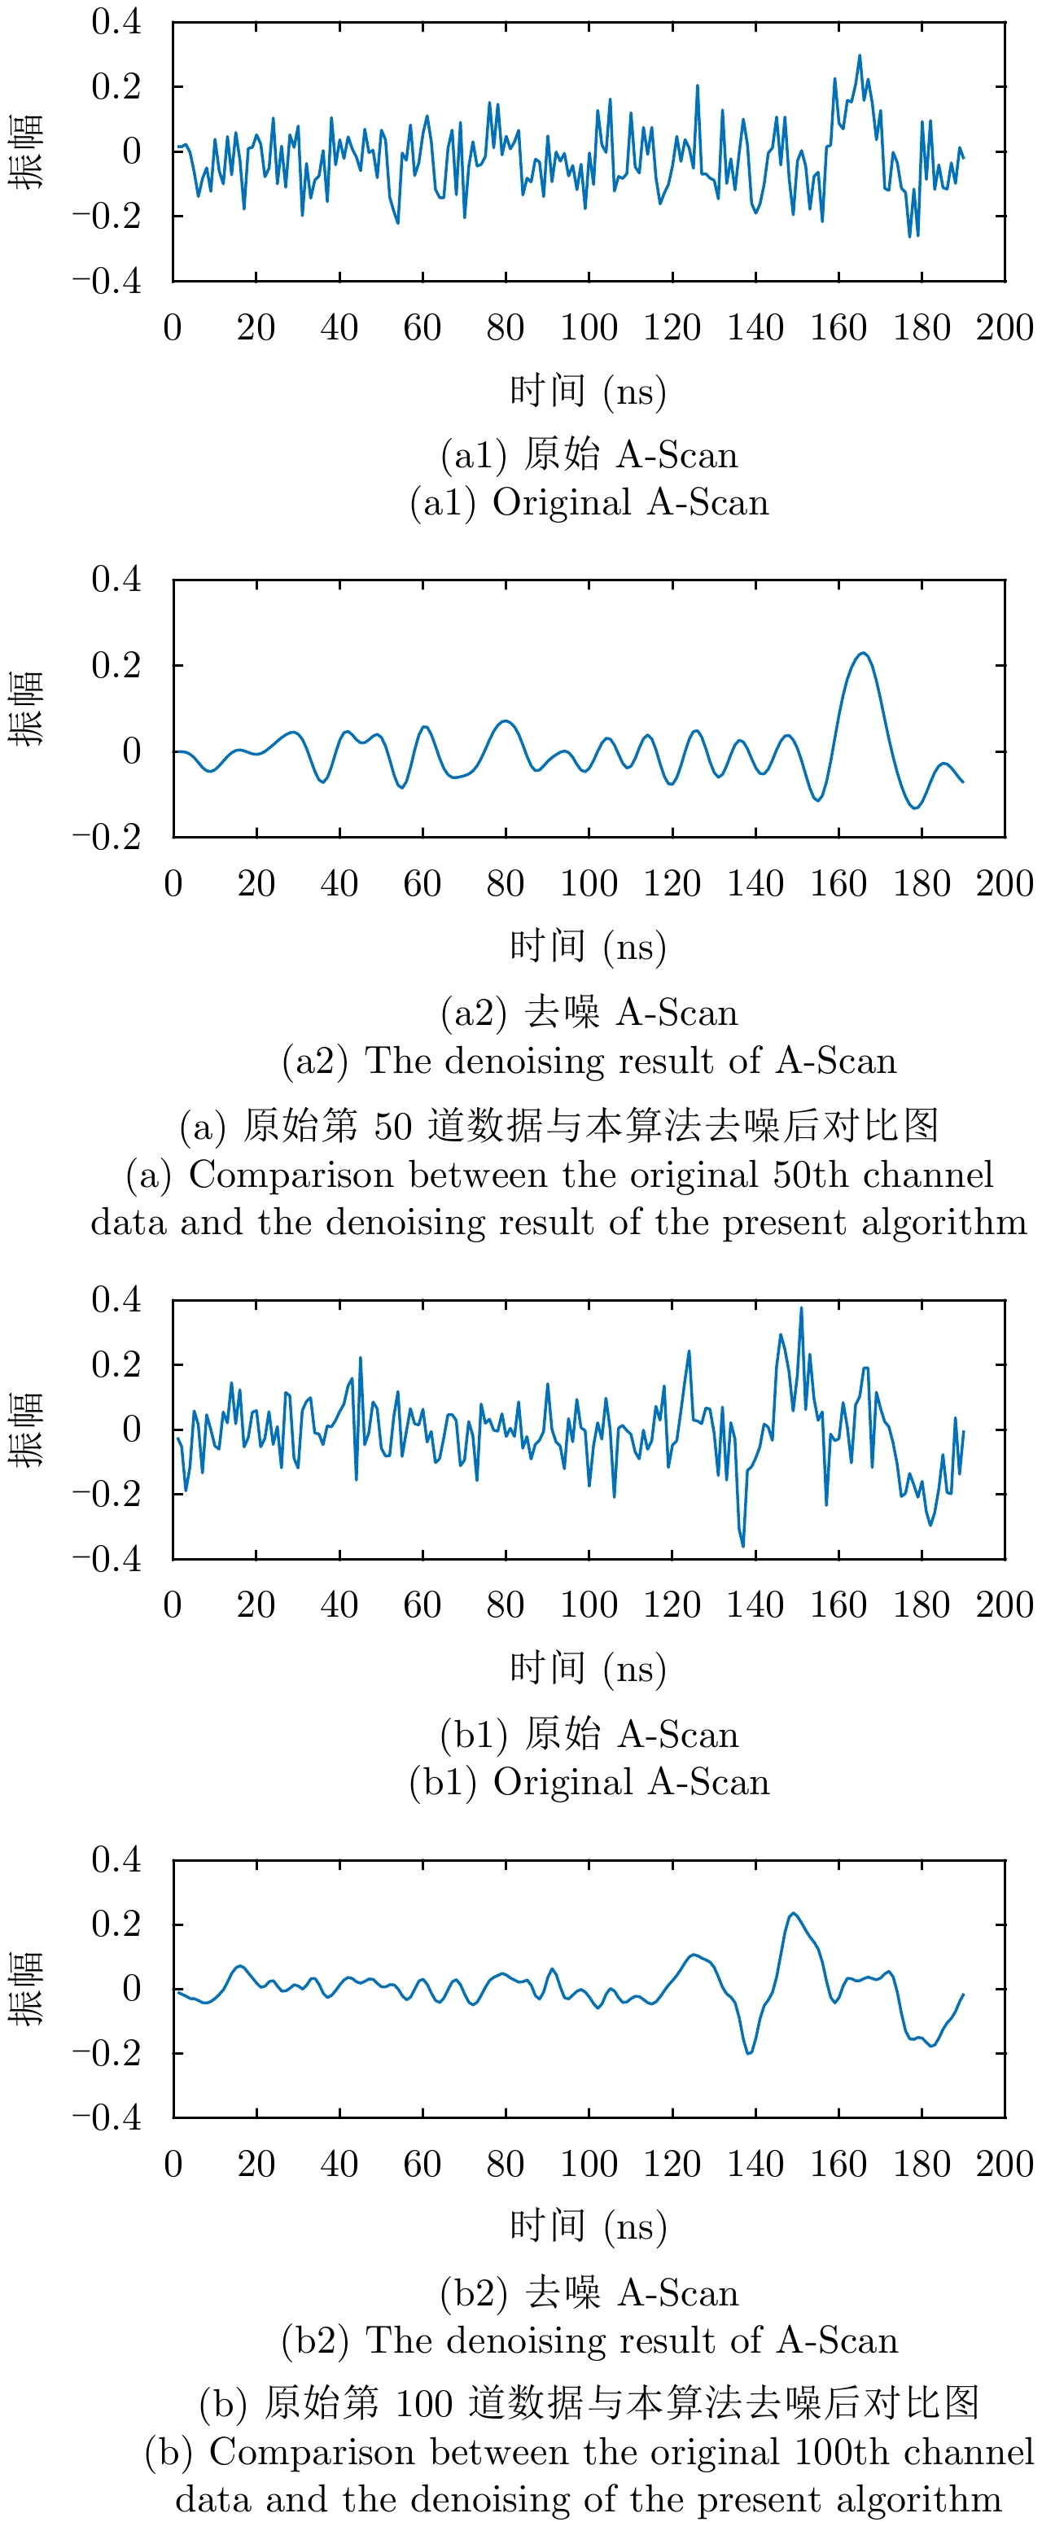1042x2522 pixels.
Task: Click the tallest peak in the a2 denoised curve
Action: (x=863, y=653)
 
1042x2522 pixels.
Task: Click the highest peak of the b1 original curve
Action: (x=801, y=1308)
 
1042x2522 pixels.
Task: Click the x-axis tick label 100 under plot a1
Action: (x=589, y=328)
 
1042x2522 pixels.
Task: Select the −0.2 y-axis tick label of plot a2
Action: (x=107, y=837)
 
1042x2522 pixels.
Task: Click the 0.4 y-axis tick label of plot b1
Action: (x=116, y=1299)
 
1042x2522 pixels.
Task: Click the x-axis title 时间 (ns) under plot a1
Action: (x=588, y=392)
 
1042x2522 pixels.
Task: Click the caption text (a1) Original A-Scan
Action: (x=589, y=502)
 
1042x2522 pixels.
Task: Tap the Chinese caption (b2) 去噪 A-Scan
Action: (x=589, y=2293)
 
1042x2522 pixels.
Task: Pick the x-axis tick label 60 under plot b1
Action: (x=422, y=1605)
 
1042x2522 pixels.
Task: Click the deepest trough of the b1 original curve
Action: (x=742, y=1546)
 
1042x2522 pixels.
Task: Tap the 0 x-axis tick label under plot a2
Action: (x=173, y=884)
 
